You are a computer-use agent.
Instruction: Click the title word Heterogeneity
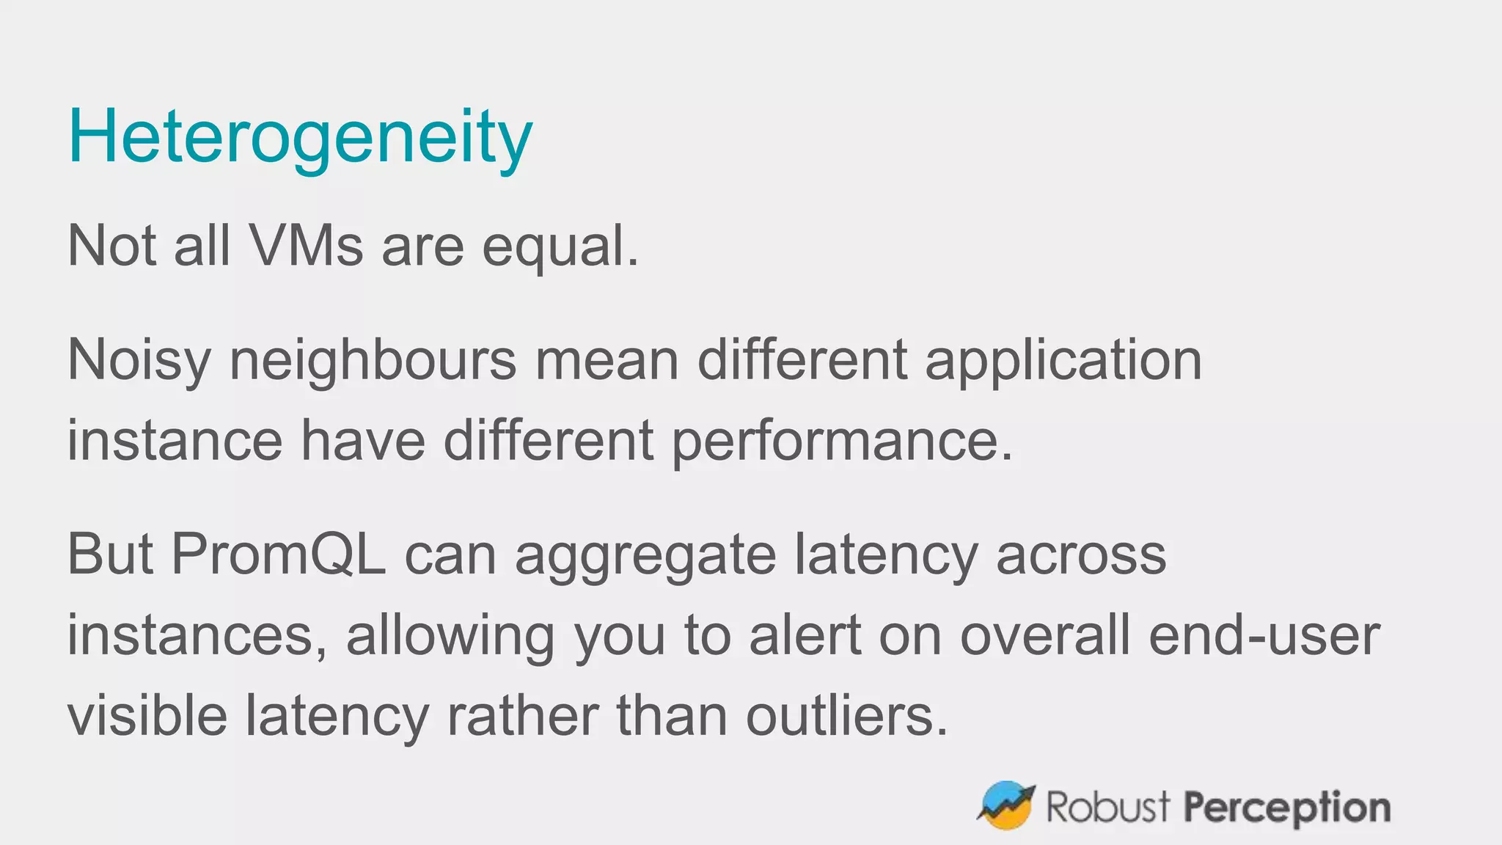300,137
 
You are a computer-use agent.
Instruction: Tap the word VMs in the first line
306,246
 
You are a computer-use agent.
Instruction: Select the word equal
560,247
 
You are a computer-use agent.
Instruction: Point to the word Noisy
139,361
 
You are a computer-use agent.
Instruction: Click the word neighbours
373,361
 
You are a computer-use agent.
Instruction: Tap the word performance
842,442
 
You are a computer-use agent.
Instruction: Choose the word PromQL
278,555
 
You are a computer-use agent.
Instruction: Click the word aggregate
645,556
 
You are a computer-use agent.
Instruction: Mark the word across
1080,555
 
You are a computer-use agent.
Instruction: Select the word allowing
450,635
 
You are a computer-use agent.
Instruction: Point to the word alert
805,635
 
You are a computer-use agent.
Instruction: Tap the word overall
1045,635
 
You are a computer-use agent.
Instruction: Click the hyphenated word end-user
1264,635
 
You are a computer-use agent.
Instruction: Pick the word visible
147,716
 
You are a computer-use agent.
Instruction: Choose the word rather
522,716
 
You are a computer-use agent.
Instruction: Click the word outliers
847,716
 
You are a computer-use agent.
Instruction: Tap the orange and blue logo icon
1006,805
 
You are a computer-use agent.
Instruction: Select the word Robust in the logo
1107,807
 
